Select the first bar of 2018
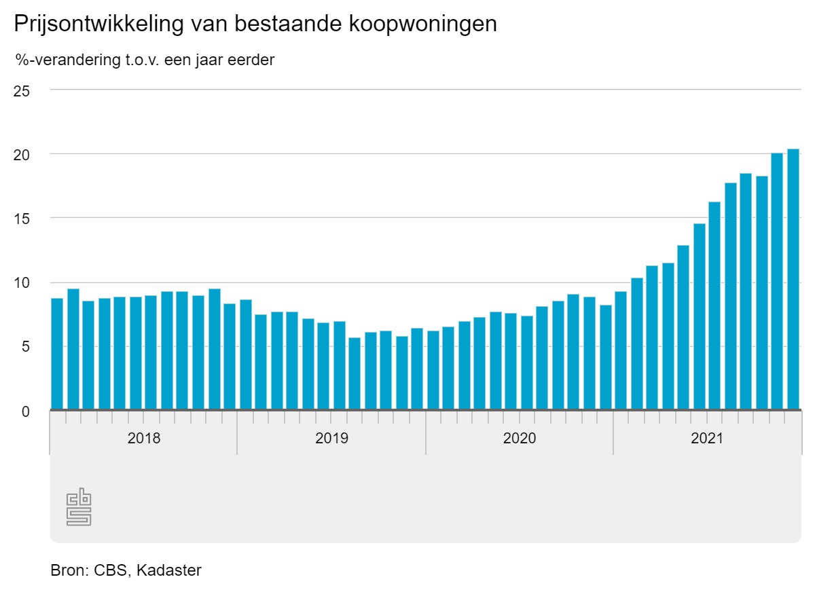[57, 354]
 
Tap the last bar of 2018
[230, 356]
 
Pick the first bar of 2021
[621, 350]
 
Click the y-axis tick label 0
[25, 411]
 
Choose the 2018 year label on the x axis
[144, 439]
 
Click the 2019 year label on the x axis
[331, 439]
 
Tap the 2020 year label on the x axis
[520, 439]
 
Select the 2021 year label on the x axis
[708, 439]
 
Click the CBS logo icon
[79, 506]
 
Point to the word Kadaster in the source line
[168, 570]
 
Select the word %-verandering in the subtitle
[60, 60]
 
